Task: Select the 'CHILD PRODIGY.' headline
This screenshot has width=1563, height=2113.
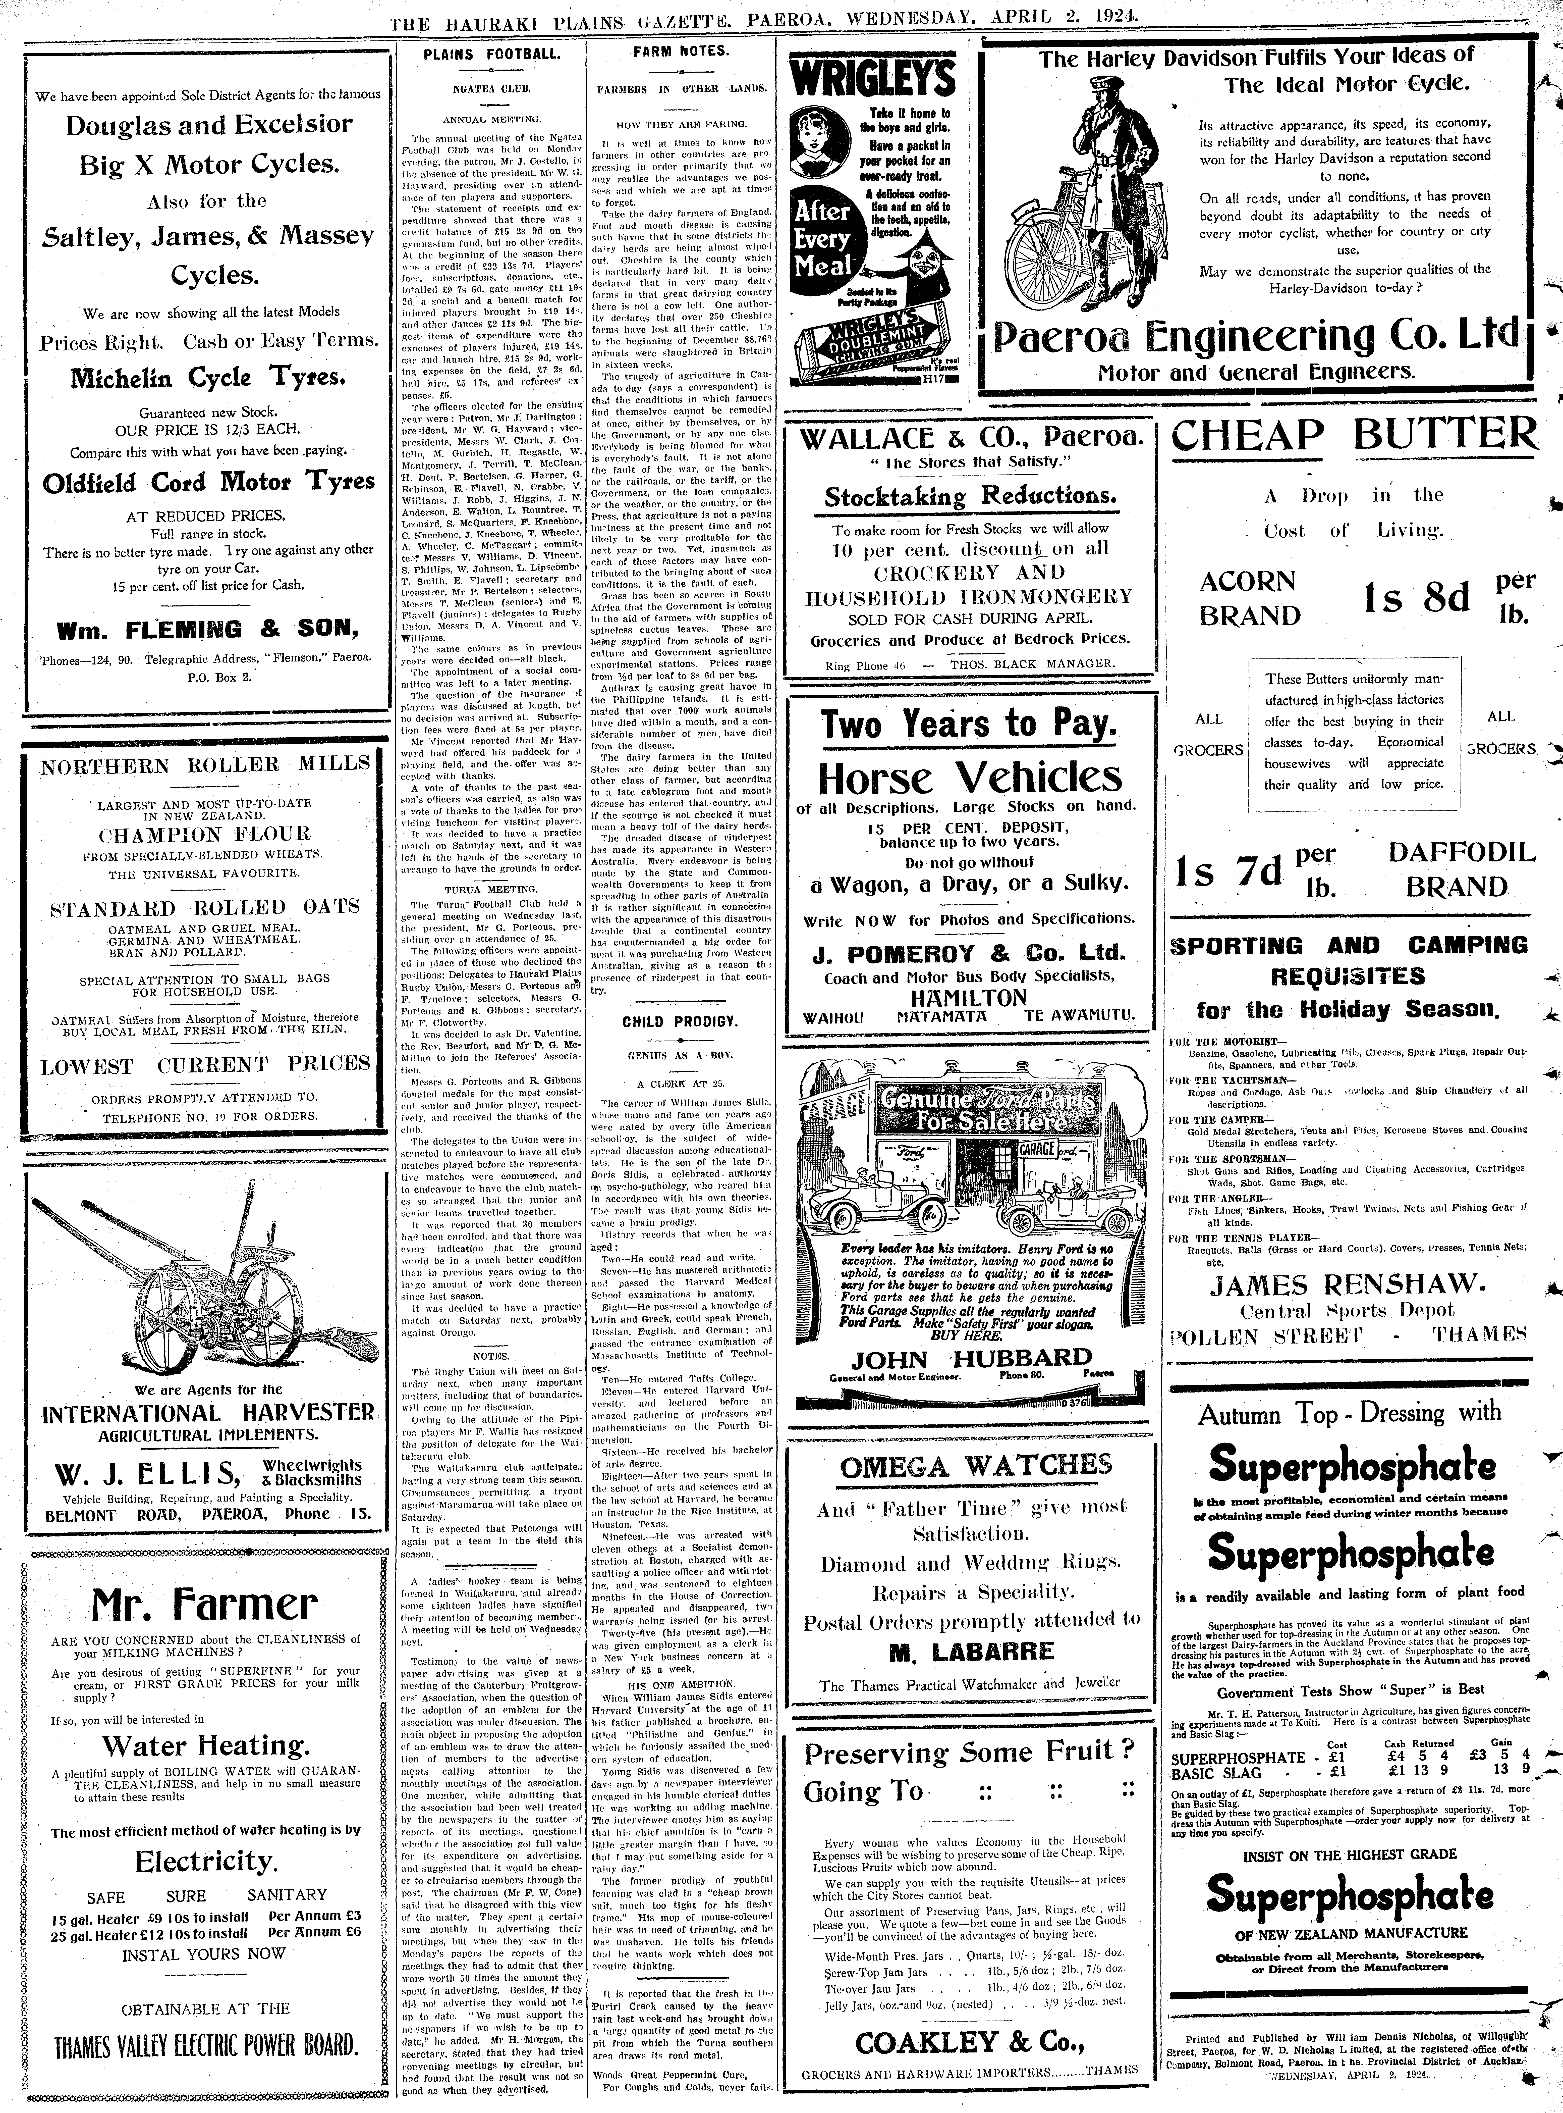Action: pos(680,1022)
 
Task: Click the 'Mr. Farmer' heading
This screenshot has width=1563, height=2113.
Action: pos(204,1602)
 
